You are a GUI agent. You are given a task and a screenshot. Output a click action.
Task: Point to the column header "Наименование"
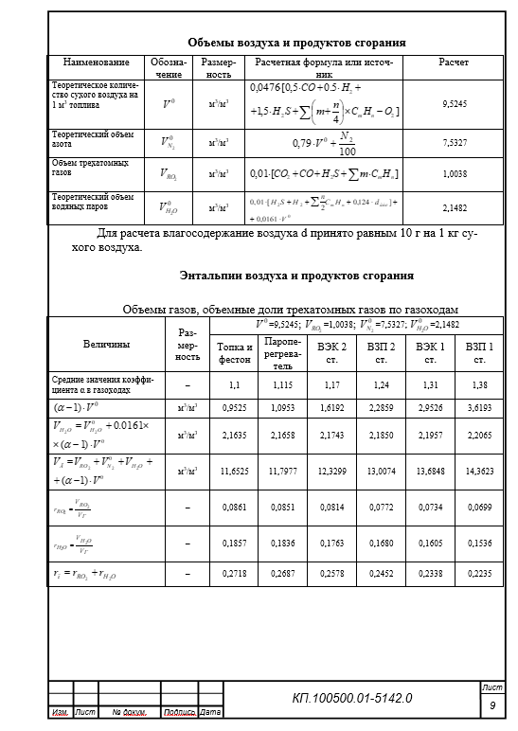96,62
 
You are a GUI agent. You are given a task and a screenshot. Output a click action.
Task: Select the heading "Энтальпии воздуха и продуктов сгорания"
296,276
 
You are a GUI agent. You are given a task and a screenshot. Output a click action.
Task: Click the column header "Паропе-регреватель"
283,353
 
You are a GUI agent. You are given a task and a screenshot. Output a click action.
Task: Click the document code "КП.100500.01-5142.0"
352,699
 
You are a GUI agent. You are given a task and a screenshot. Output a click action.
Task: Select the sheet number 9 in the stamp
492,706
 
